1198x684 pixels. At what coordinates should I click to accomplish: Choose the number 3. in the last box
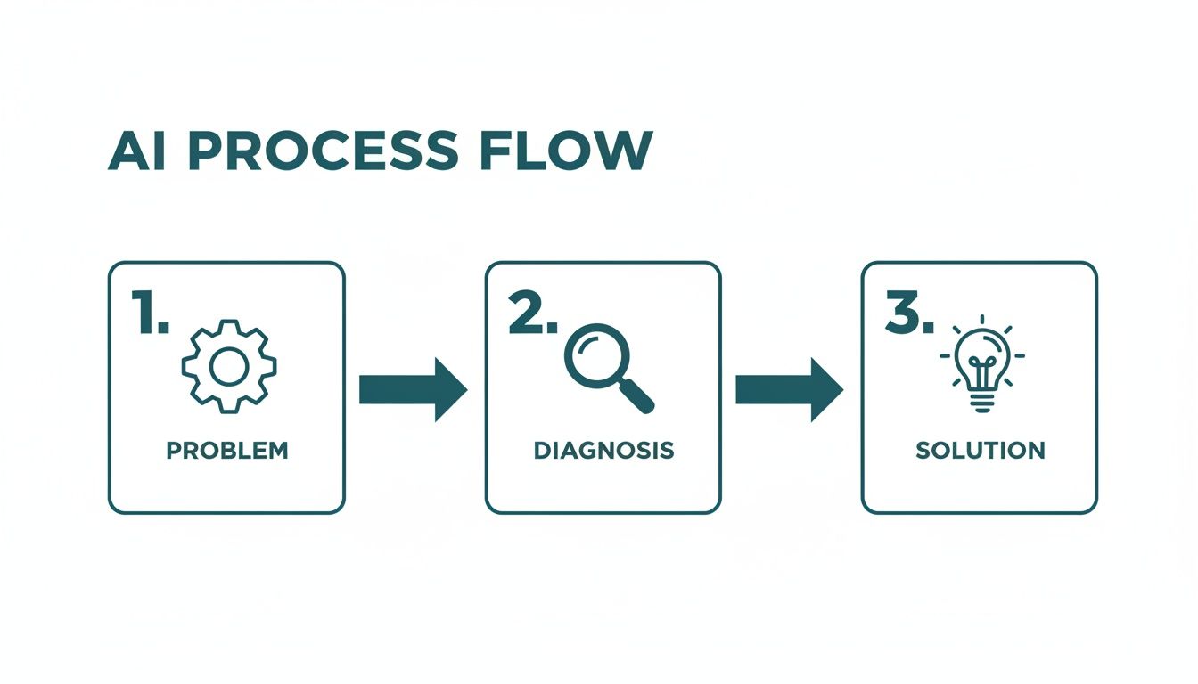click(x=908, y=314)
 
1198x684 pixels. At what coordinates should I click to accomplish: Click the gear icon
click(x=228, y=367)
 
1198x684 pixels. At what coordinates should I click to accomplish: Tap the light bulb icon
click(x=982, y=363)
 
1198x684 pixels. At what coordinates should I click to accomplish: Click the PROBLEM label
click(x=227, y=450)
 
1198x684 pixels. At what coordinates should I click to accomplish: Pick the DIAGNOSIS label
click(x=603, y=450)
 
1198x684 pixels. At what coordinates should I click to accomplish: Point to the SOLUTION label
click(x=981, y=450)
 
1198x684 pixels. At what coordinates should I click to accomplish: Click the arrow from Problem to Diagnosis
click(x=412, y=389)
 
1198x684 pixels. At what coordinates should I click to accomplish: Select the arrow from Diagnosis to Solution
click(x=788, y=389)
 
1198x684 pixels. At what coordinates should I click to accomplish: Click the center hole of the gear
click(x=228, y=367)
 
